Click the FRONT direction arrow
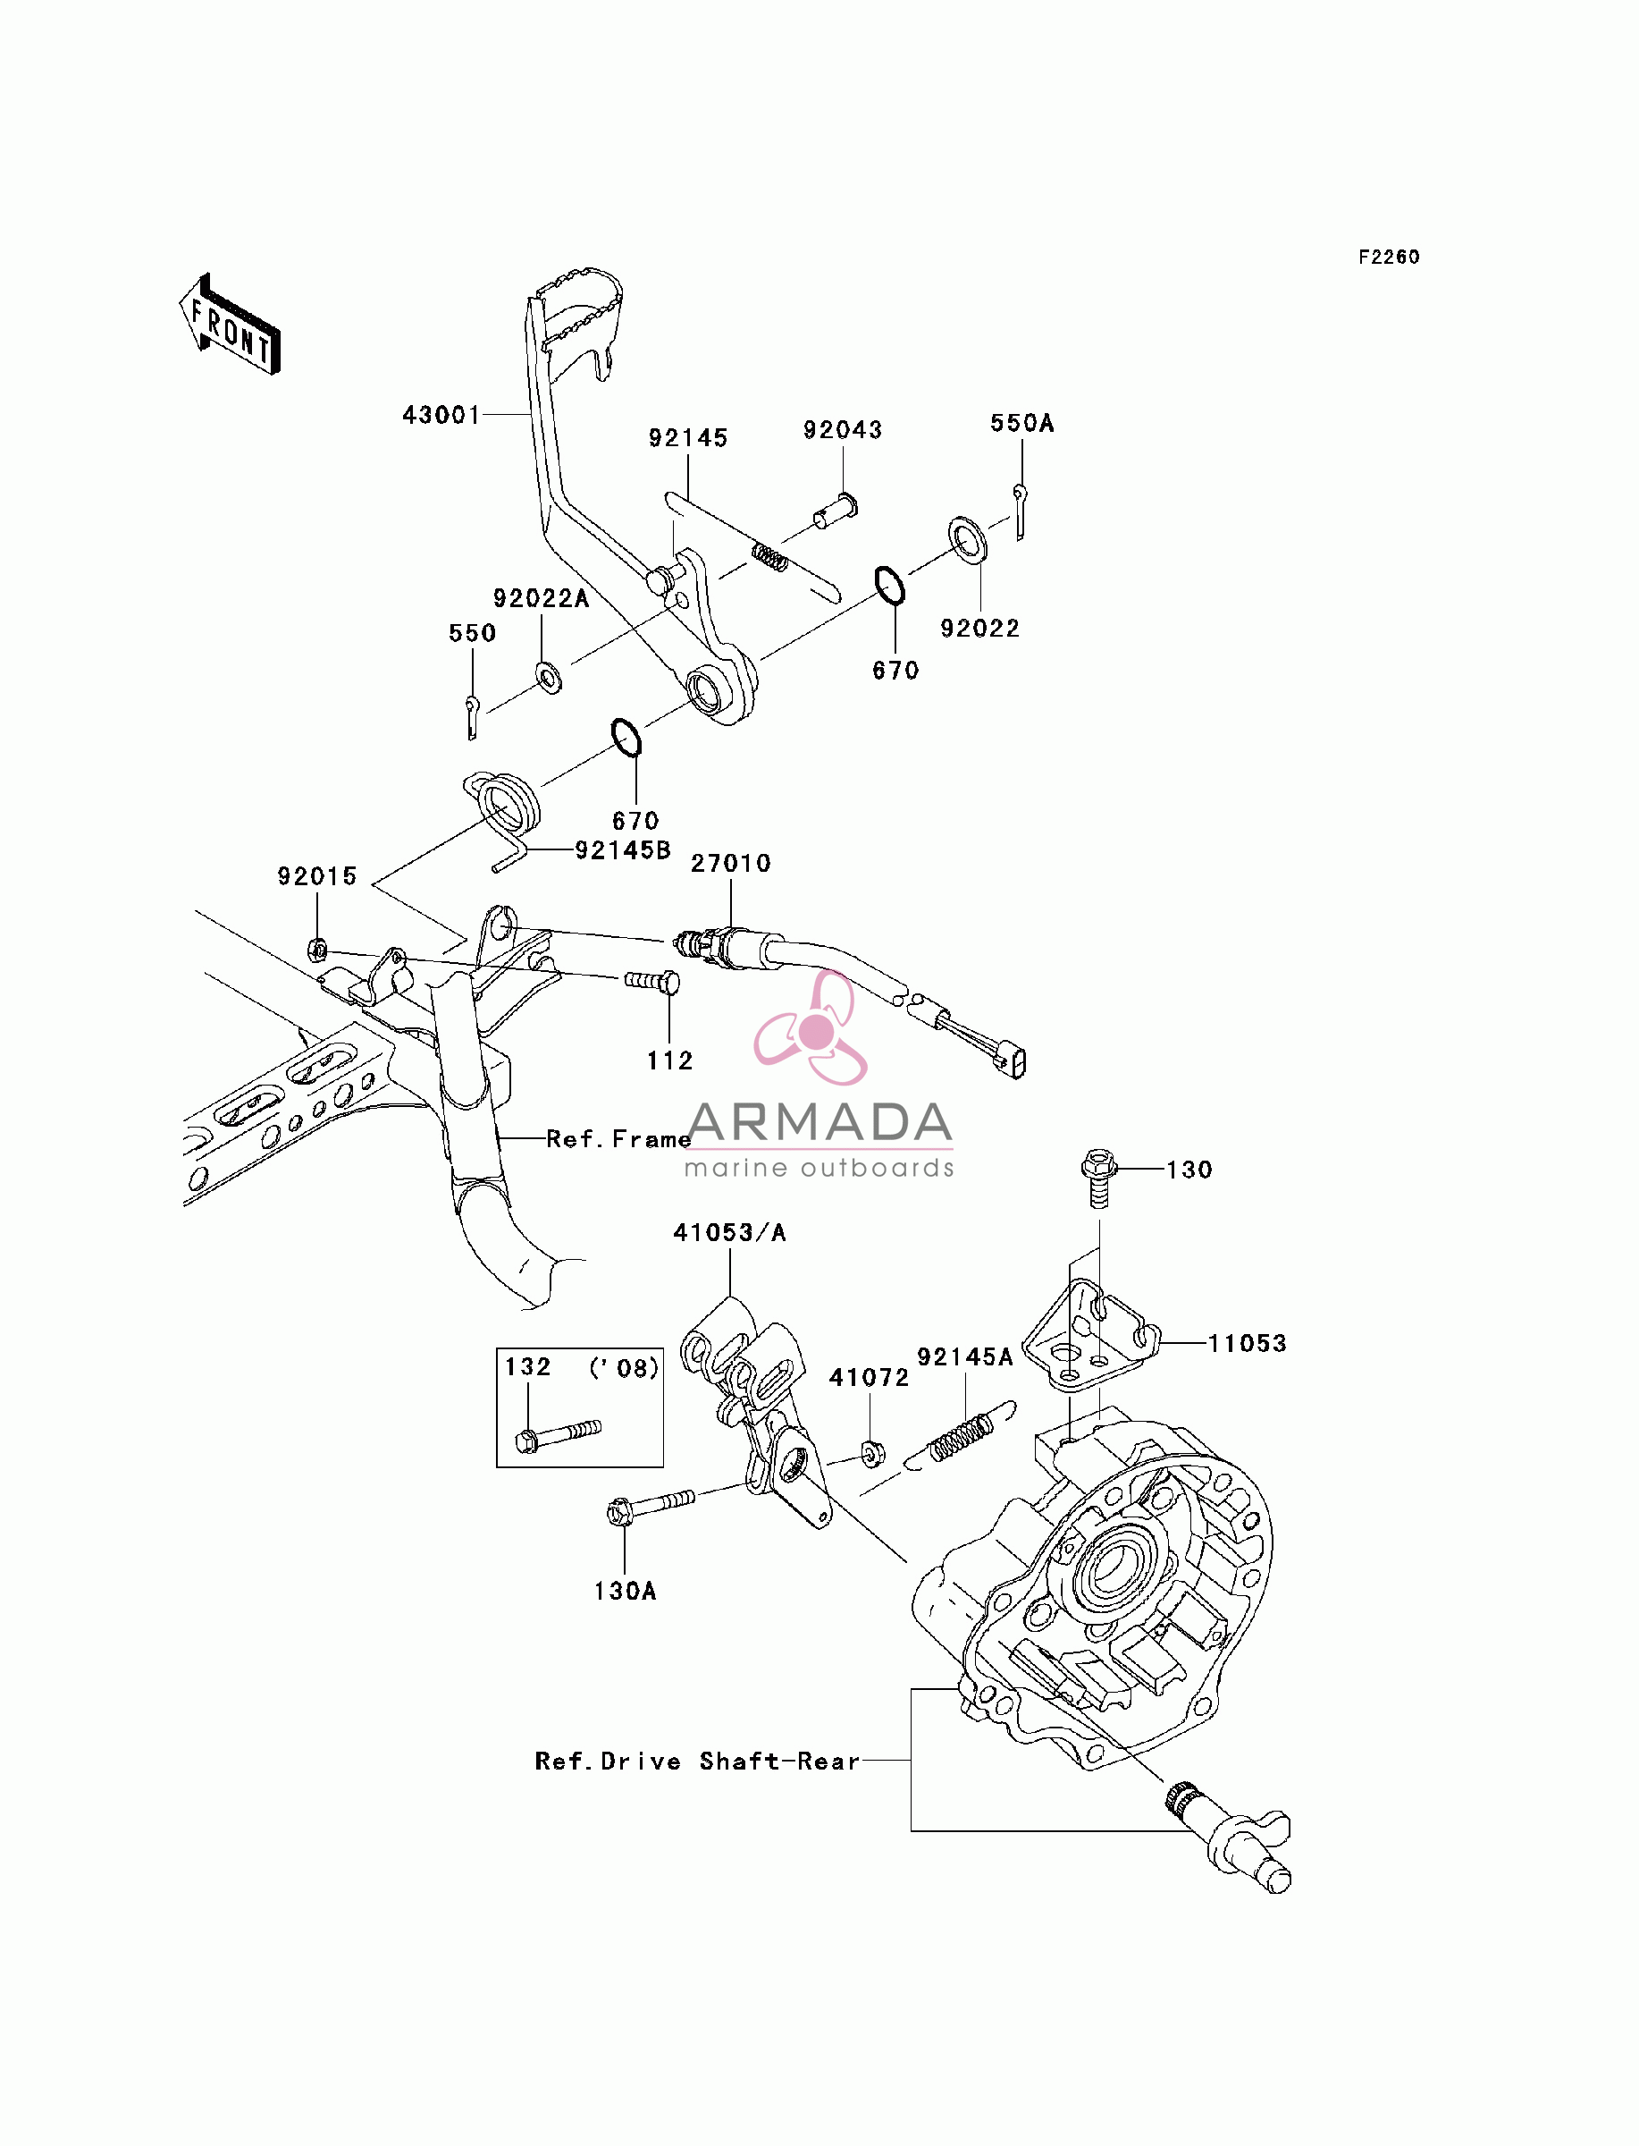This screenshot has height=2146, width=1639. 231,325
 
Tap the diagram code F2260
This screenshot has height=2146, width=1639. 1390,257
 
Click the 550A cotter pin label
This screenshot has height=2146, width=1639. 1022,423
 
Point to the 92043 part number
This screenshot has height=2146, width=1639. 843,429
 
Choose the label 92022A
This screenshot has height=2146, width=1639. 542,598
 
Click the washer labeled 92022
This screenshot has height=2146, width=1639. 967,540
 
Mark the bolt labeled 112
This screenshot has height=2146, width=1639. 652,980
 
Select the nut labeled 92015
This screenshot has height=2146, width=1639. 317,948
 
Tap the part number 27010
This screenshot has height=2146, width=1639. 731,863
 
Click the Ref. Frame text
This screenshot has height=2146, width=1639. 618,1139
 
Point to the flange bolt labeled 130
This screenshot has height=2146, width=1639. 1098,1177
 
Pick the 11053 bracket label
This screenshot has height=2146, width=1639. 1247,1343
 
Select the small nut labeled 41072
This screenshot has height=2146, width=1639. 872,1454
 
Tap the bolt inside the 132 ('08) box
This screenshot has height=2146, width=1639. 557,1437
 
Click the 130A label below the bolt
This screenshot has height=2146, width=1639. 626,1591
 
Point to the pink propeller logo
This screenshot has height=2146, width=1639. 811,1028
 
